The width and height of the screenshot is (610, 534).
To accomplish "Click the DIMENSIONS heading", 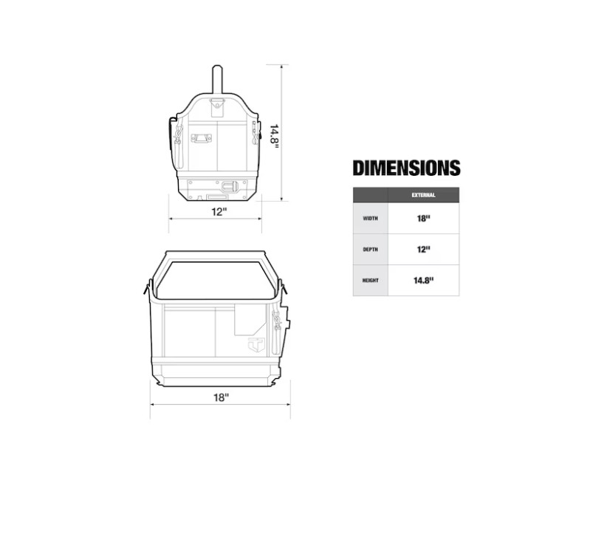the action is (x=406, y=168).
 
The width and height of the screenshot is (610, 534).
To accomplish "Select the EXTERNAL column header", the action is (x=423, y=195).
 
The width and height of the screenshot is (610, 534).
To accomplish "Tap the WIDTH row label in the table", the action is (x=371, y=219).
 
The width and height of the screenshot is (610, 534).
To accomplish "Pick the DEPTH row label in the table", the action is (x=371, y=250).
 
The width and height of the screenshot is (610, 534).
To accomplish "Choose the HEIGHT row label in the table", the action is (x=371, y=280).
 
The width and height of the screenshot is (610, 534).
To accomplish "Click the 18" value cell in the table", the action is (x=423, y=219).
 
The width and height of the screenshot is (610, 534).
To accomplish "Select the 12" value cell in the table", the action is (x=423, y=250).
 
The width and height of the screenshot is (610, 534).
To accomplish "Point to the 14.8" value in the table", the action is (x=423, y=280).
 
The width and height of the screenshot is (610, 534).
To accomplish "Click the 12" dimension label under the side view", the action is (x=219, y=212).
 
